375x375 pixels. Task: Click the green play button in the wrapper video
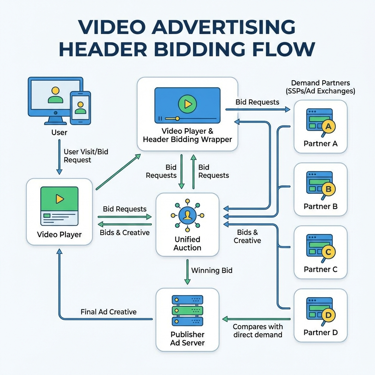(187, 104)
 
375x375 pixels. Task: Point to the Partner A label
(320, 144)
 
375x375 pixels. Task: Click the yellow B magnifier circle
(328, 189)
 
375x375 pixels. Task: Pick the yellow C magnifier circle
(328, 252)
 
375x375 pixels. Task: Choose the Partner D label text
(320, 333)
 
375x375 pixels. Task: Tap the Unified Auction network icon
(187, 215)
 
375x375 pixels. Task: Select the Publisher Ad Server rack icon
(187, 311)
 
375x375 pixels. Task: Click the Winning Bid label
(212, 271)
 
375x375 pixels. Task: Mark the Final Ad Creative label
(108, 312)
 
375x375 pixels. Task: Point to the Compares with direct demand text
(257, 330)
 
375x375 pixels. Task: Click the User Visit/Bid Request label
(86, 156)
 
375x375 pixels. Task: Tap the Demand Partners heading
(320, 87)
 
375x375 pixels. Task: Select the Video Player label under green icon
(59, 234)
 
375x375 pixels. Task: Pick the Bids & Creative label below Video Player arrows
(125, 233)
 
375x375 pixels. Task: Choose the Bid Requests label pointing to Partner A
(257, 102)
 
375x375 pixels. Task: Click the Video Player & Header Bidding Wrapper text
(187, 135)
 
